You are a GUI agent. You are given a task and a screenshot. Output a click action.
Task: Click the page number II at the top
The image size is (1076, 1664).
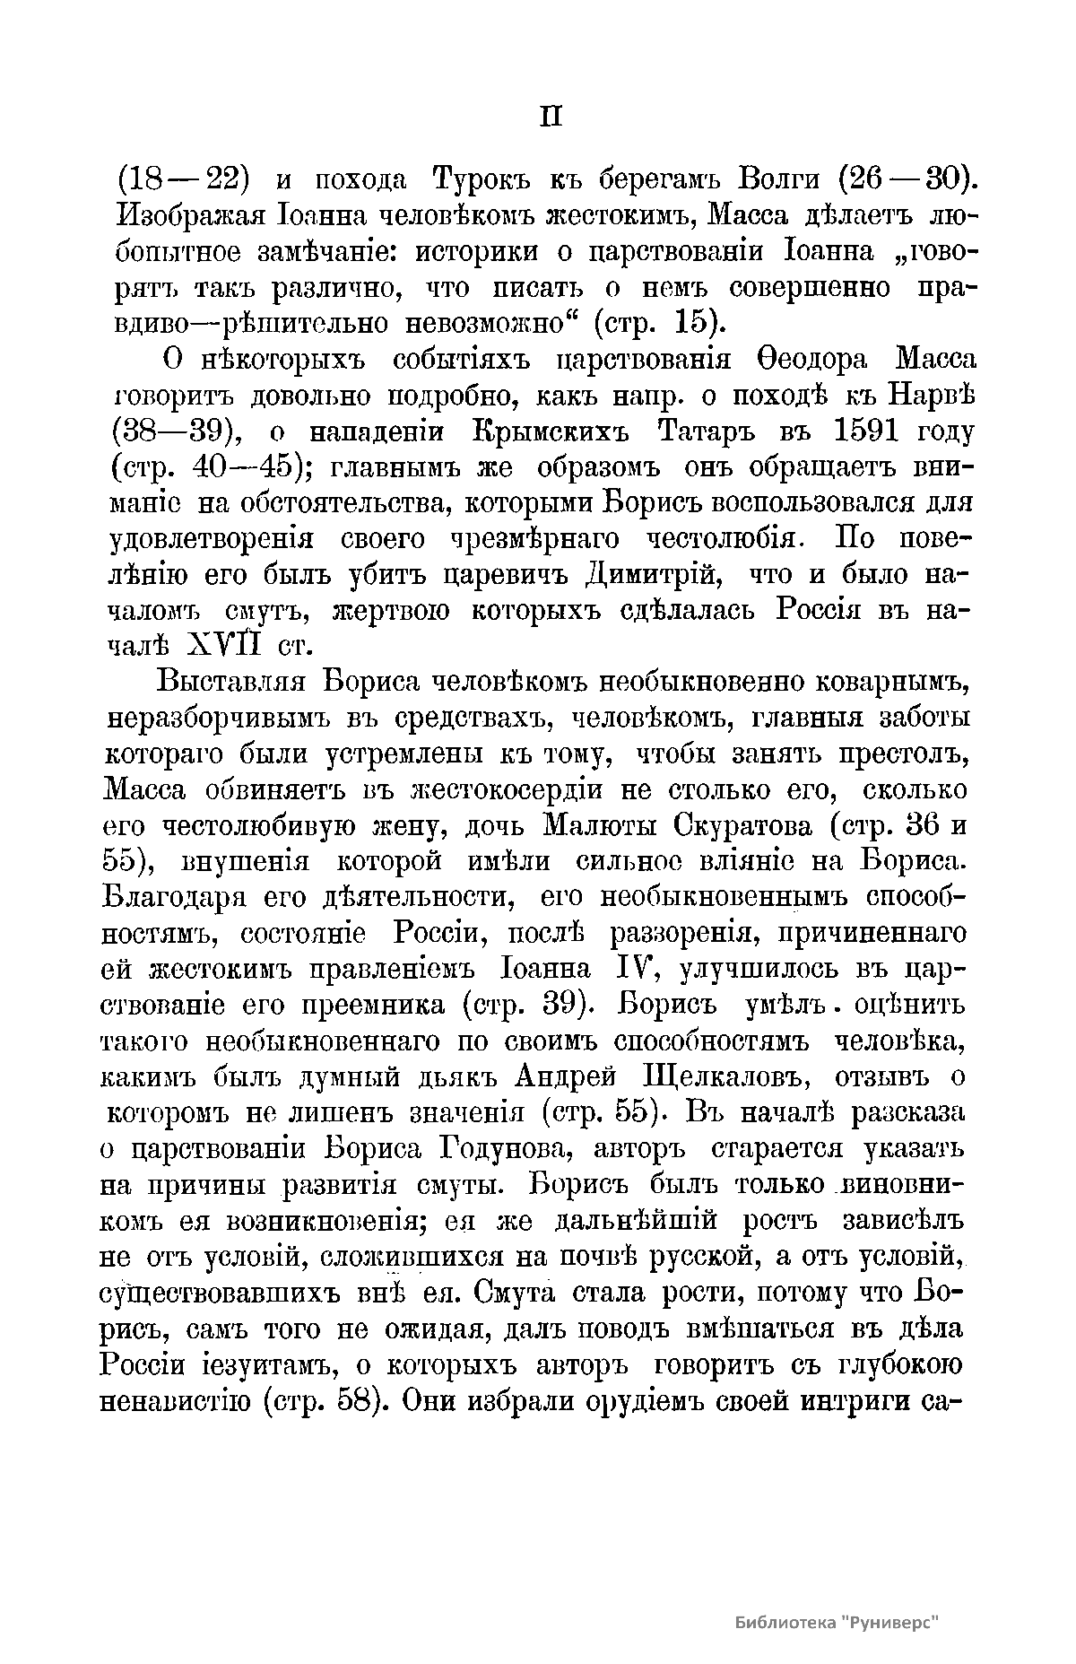(x=551, y=118)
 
